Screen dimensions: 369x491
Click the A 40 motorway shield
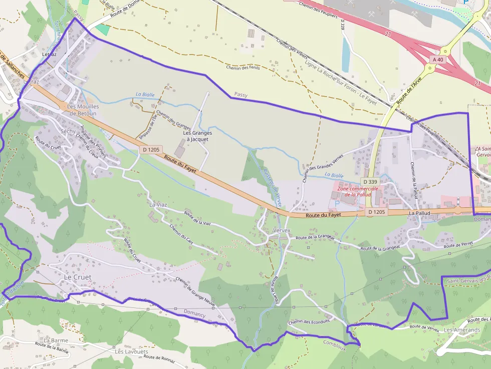pyautogui.click(x=437, y=60)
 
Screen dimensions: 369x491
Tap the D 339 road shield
pyautogui.click(x=370, y=181)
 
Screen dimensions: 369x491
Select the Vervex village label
pyautogui.click(x=282, y=230)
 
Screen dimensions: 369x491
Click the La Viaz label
pyautogui.click(x=158, y=205)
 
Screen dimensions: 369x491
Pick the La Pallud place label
pyautogui.click(x=419, y=213)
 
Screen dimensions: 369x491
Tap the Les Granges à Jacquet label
pyautogui.click(x=197, y=136)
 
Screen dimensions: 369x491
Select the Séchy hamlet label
pyautogui.click(x=68, y=131)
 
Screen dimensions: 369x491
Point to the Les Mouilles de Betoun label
pyautogui.click(x=83, y=110)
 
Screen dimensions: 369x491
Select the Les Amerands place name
pyautogui.click(x=461, y=330)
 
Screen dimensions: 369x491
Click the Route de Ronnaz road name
pyautogui.click(x=159, y=356)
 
